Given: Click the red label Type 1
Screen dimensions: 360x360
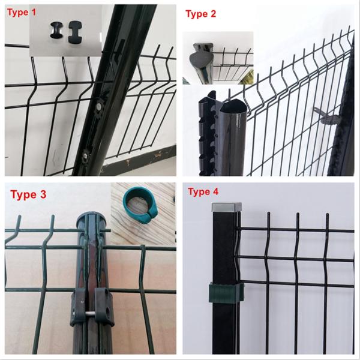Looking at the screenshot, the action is tap(22, 12).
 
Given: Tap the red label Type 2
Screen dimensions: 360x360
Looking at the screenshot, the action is tap(200, 14).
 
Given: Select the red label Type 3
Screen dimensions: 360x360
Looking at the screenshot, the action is tap(28, 194).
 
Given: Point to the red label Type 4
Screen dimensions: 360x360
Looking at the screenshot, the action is tap(203, 191).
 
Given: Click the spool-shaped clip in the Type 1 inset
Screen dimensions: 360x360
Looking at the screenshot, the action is tap(56, 30).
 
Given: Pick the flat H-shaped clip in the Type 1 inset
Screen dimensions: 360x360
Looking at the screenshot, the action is tap(74, 32).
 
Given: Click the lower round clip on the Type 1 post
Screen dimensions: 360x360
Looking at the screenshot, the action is tap(86, 155).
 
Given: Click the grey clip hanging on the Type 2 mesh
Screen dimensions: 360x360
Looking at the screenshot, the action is tap(326, 116).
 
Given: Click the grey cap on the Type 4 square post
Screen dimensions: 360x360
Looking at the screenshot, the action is tap(226, 207).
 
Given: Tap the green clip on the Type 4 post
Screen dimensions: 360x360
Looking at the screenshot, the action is tap(226, 293).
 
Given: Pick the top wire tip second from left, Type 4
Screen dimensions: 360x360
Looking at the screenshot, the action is tap(268, 214).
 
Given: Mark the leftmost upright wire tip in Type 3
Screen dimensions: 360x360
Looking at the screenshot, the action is tap(20, 217).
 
